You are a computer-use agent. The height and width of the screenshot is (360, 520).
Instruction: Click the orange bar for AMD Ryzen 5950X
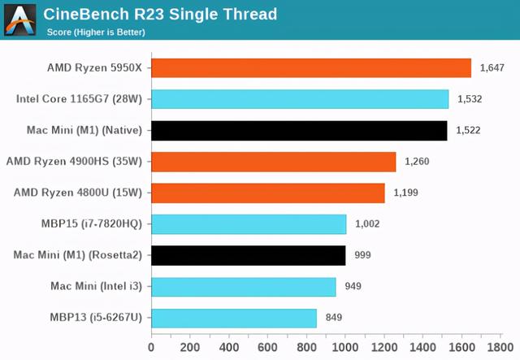(311, 68)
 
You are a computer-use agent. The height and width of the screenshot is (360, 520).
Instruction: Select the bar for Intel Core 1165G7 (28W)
(300, 99)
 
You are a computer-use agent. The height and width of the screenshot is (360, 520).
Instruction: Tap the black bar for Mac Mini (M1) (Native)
(299, 131)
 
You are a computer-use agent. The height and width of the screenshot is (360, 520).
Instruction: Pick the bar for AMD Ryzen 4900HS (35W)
(273, 162)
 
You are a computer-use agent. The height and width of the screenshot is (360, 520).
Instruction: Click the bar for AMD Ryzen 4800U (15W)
(267, 193)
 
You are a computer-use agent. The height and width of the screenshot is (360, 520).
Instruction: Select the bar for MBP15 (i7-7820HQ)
(249, 224)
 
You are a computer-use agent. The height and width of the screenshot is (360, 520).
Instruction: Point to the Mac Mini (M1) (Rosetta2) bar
(248, 255)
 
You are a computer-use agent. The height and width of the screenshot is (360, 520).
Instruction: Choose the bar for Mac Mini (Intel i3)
(243, 286)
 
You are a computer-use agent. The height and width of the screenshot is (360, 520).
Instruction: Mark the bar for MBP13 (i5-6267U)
(233, 318)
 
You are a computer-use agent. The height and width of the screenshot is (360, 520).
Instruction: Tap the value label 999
(363, 255)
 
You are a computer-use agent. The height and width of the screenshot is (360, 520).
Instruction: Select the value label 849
(334, 318)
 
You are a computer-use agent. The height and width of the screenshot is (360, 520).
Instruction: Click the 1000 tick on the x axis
(345, 347)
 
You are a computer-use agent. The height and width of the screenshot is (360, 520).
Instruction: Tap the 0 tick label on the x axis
(151, 347)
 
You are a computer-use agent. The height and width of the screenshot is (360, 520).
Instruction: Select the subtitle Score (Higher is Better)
(97, 33)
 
